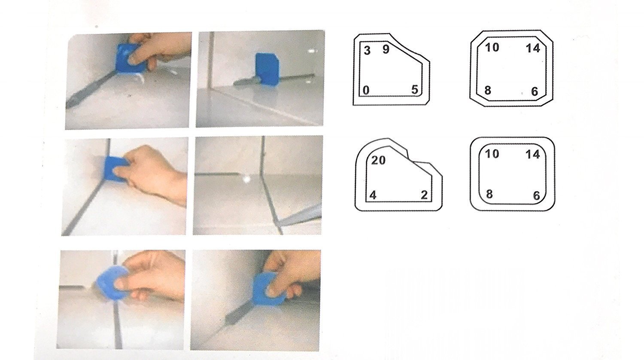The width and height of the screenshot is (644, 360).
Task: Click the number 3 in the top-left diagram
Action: pyautogui.click(x=367, y=51)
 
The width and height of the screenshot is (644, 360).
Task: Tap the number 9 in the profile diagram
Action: pyautogui.click(x=386, y=50)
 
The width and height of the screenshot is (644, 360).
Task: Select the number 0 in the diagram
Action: pyautogui.click(x=366, y=90)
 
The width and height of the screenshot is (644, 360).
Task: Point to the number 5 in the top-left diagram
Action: pyautogui.click(x=414, y=90)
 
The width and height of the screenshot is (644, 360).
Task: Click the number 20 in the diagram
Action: pyautogui.click(x=378, y=161)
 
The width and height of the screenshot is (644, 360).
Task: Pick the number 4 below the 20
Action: pyautogui.click(x=373, y=195)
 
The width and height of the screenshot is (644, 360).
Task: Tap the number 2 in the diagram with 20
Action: pyautogui.click(x=424, y=195)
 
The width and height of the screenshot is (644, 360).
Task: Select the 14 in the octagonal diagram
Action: pyautogui.click(x=533, y=48)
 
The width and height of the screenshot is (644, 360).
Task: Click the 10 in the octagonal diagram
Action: pyautogui.click(x=492, y=47)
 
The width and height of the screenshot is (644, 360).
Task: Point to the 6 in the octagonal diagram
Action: pyautogui.click(x=535, y=92)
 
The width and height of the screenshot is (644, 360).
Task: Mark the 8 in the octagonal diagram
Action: pyautogui.click(x=488, y=91)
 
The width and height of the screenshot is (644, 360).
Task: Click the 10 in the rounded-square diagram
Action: pyautogui.click(x=492, y=153)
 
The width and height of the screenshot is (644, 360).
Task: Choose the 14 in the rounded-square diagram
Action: pyautogui.click(x=533, y=154)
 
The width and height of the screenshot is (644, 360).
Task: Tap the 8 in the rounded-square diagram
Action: pyautogui.click(x=489, y=194)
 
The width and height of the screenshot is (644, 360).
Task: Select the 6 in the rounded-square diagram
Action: pyautogui.click(x=536, y=196)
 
